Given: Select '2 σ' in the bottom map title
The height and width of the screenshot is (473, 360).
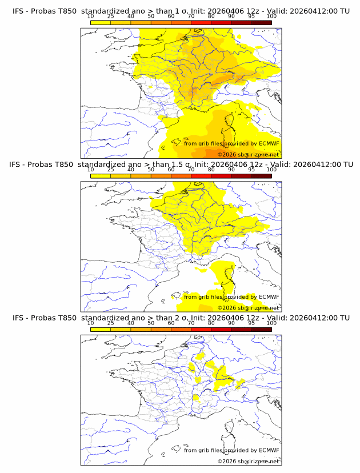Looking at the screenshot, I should (x=175, y=318).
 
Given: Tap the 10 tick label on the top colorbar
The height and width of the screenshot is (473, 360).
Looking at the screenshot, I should (x=91, y=16).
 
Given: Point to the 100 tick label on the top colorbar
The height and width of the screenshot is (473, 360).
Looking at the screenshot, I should (x=271, y=16).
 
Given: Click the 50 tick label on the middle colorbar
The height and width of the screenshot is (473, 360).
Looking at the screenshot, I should (x=151, y=170).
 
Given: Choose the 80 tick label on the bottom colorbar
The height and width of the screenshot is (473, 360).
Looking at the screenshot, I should (x=211, y=323).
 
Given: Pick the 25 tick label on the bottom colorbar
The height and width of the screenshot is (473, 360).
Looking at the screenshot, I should (x=111, y=323).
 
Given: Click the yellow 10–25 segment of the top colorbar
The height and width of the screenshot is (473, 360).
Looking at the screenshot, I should (x=101, y=22).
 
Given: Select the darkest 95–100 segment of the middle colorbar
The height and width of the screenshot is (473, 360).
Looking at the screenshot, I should (x=261, y=176).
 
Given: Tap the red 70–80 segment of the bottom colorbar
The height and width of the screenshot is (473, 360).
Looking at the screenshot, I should (x=201, y=330).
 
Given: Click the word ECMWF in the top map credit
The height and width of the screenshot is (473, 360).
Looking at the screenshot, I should (x=269, y=143).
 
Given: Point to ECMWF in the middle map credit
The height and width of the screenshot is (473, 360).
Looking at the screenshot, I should (x=269, y=296).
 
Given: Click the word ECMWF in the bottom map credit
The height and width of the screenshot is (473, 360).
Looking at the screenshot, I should (x=269, y=450).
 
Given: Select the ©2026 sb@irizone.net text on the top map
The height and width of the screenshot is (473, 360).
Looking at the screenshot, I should (x=248, y=154).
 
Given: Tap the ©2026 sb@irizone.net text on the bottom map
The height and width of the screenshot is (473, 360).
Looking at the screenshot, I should (x=248, y=461).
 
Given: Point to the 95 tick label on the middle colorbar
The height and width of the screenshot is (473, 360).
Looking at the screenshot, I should (x=251, y=170).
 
